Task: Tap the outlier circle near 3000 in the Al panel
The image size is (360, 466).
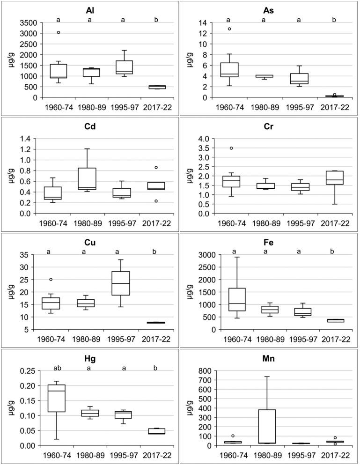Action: coord(59,33)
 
